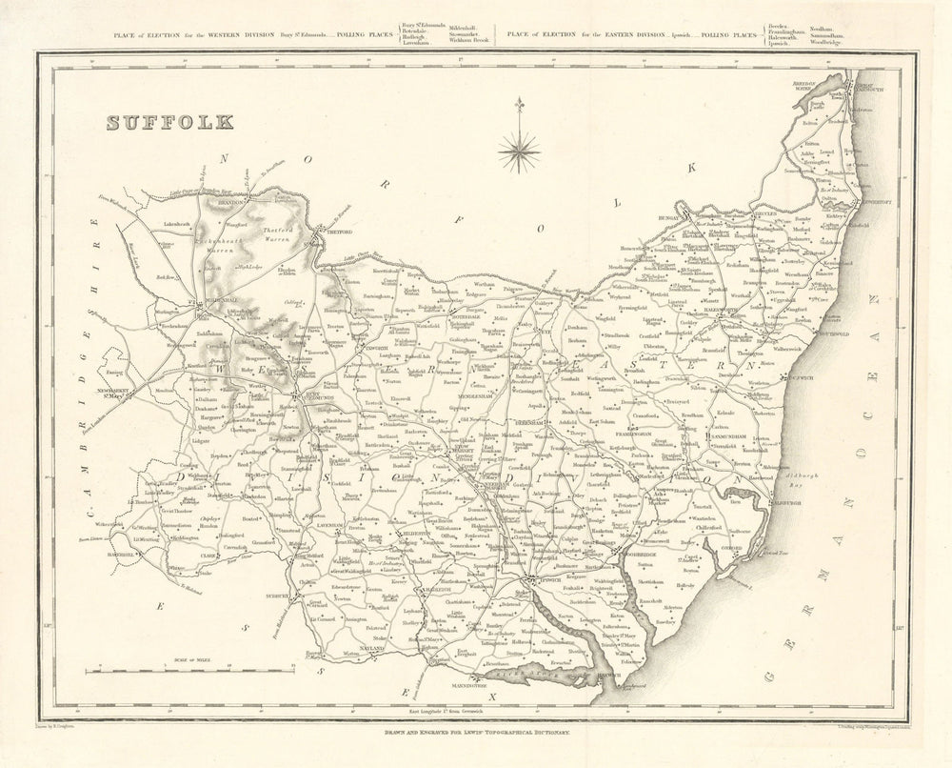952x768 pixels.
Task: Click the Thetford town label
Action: click(x=340, y=232)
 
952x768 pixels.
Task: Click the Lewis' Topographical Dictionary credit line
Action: click(x=476, y=732)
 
